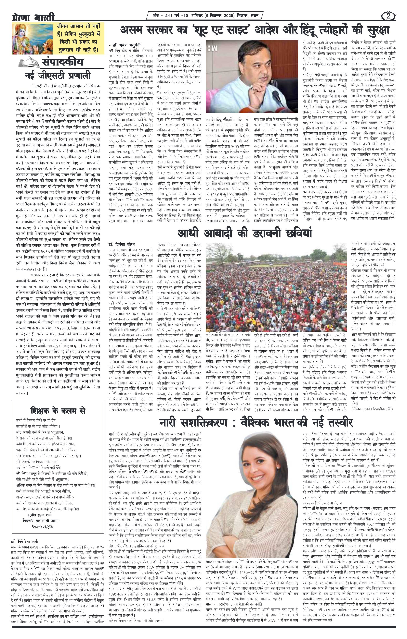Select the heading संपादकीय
click(62, 63)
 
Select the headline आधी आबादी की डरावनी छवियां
click(245, 233)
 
